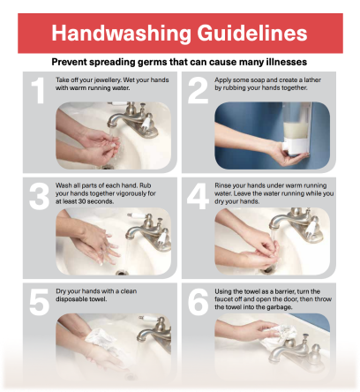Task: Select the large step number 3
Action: (x=36, y=195)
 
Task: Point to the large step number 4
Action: (x=196, y=195)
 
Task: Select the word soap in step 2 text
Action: (x=258, y=79)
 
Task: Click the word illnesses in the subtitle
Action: (x=281, y=63)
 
